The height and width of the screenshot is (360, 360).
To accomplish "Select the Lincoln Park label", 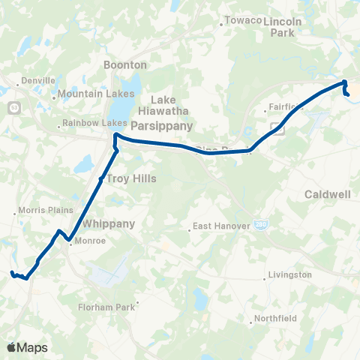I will tap(283, 28).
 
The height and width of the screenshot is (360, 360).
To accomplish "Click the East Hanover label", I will tap(218, 226).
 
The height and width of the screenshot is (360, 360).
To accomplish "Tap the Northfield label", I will tap(275, 318).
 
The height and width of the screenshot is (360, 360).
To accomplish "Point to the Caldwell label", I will tap(328, 194).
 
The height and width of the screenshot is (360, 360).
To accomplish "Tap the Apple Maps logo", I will tap(27, 347).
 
